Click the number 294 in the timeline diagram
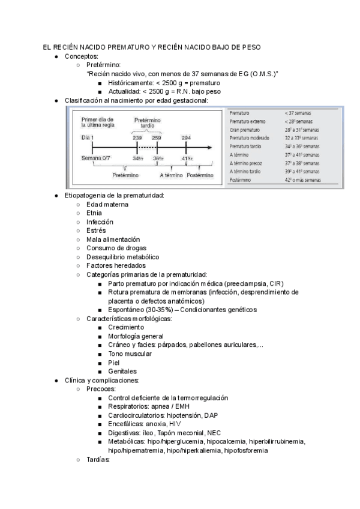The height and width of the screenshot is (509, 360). [186, 138]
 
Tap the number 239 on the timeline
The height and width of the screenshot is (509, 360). [137, 138]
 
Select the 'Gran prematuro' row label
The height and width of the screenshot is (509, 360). [244, 130]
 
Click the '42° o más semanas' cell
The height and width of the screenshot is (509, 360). [302, 179]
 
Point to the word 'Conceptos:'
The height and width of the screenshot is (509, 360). [81, 56]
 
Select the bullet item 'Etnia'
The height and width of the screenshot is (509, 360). [94, 212]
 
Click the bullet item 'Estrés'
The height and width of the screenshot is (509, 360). [96, 230]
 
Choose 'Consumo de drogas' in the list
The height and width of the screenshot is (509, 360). [116, 248]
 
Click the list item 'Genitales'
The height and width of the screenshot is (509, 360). [122, 371]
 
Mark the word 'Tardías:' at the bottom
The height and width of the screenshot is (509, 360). [99, 459]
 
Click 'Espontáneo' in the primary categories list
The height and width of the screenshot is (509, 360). [128, 310]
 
